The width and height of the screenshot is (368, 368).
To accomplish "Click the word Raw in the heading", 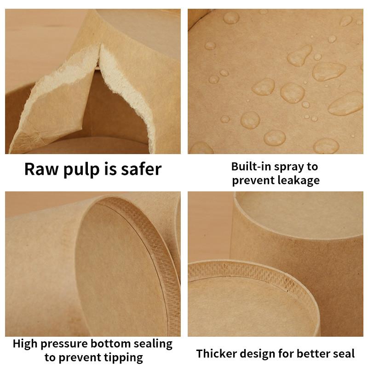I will (40, 169).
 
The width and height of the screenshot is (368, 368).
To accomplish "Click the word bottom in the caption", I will (115, 344).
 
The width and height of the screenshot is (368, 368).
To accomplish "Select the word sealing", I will (154, 344).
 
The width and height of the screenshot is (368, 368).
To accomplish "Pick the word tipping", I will (123, 357).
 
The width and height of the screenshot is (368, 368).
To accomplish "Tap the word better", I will (313, 354).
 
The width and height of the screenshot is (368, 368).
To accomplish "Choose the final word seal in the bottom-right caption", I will (344, 354).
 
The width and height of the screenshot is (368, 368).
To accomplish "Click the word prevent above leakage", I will (253, 181).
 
